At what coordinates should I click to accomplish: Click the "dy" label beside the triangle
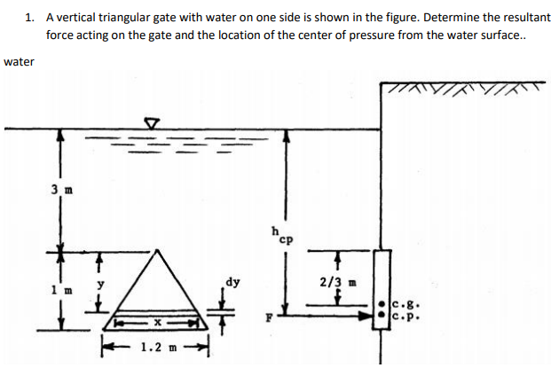(232, 283)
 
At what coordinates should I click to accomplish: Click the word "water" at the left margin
(19, 62)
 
